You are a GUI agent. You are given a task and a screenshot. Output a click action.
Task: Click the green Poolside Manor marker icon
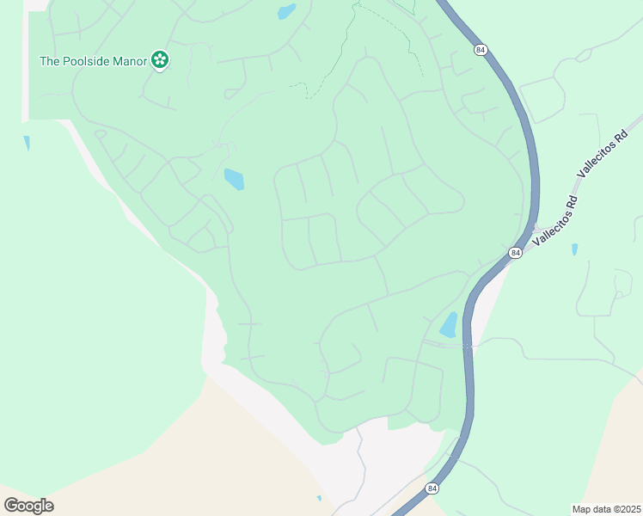coord(159,60)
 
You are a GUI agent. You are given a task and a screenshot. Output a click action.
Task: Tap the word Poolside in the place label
coord(87,61)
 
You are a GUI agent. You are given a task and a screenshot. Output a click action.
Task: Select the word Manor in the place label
coord(131,61)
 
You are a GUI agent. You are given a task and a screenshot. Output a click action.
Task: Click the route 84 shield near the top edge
coord(480,50)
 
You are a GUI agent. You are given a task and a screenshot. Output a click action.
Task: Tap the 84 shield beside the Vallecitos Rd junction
coord(514,253)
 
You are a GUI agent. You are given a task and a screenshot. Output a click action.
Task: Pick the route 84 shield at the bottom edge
coord(431,488)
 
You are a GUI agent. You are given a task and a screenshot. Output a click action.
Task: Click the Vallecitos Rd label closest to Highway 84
coord(554,221)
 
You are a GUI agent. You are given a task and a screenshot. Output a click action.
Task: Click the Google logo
coord(28,506)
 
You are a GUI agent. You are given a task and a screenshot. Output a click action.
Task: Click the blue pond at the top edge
coord(286,12)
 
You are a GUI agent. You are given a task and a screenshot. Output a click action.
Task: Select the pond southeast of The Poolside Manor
coord(234,179)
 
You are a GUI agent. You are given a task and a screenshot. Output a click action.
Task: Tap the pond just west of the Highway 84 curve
coord(449,324)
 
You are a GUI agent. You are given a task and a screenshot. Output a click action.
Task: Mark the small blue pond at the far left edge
coord(27,143)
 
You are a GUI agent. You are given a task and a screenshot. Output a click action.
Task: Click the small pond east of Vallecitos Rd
coord(574,249)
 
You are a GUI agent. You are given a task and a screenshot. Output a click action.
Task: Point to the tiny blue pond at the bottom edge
coord(319,498)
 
